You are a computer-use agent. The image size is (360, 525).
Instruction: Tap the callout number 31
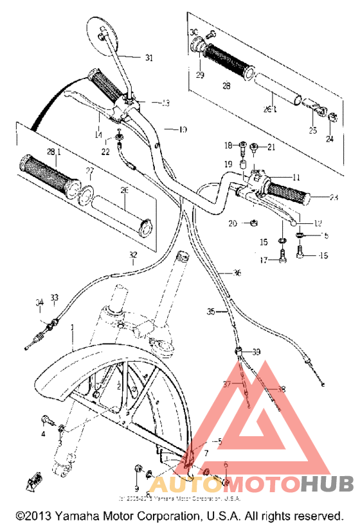(x=149, y=59)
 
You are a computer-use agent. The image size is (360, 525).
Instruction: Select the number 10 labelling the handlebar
(x=183, y=129)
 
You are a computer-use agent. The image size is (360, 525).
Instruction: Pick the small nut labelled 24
(x=333, y=117)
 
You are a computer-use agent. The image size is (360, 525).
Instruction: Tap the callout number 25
(x=313, y=131)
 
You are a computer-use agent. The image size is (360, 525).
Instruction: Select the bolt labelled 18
(x=242, y=148)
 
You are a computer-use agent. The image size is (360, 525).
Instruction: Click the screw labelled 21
(x=255, y=148)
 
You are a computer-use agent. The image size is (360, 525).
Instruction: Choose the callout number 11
(x=296, y=176)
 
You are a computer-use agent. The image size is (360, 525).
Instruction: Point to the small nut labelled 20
(x=255, y=223)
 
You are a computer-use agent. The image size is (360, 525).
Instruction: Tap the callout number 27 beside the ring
(x=91, y=171)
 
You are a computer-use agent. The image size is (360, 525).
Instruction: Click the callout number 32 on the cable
(x=132, y=254)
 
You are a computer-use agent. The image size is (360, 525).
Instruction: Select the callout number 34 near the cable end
(x=40, y=302)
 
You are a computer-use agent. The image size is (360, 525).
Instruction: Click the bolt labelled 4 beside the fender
(x=46, y=421)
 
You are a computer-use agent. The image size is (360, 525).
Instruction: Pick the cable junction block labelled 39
(x=240, y=351)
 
